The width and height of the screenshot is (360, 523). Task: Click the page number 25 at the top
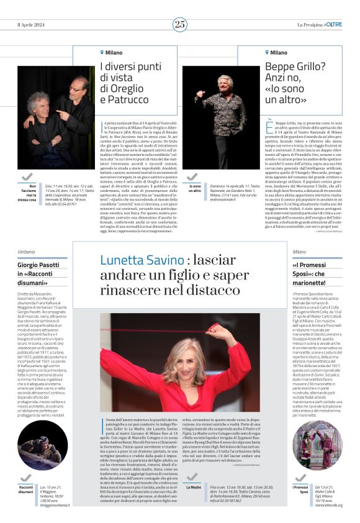[x=180, y=24]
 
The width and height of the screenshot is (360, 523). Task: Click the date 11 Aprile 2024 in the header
[x=31, y=24]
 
